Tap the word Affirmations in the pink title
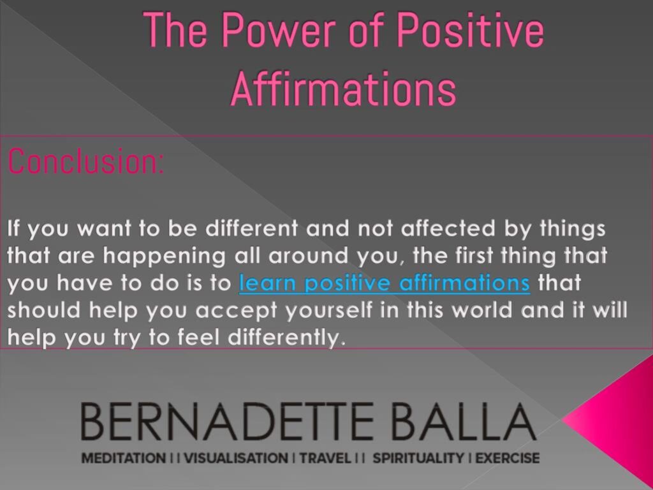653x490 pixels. (344, 89)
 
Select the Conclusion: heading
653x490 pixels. (86, 161)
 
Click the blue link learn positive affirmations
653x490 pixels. (385, 283)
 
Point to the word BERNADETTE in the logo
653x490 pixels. (227, 421)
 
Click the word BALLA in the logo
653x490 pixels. (464, 421)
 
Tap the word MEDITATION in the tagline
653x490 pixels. (123, 458)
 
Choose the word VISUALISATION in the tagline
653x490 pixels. (236, 458)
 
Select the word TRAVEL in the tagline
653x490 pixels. (325, 458)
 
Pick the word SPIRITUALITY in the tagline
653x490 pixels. (418, 458)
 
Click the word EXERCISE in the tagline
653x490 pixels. (507, 458)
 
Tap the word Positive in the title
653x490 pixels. (471, 30)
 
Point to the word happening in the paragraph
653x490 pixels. (164, 256)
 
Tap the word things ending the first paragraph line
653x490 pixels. (572, 230)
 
